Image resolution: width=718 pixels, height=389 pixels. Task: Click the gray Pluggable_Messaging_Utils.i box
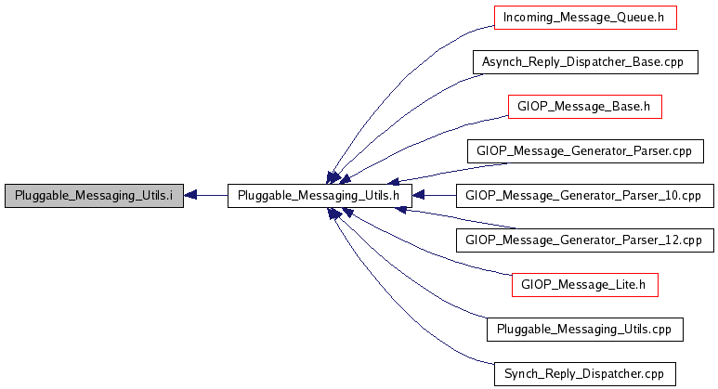click(94, 196)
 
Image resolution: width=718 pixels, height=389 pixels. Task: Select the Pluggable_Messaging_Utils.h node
click(320, 196)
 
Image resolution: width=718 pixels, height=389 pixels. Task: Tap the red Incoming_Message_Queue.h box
click(585, 18)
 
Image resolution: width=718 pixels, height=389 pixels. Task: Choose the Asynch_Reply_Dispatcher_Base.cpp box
click(585, 62)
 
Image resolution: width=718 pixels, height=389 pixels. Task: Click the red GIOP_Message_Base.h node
click(585, 107)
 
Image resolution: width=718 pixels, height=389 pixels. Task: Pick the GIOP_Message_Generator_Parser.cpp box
click(585, 151)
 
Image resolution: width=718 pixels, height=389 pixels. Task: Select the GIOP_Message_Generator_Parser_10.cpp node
click(585, 196)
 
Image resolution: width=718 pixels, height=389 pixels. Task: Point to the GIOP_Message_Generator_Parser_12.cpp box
click(585, 240)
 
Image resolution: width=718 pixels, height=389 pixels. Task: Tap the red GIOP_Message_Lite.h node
click(585, 285)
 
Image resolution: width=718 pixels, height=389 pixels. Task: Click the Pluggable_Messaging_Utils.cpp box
click(585, 330)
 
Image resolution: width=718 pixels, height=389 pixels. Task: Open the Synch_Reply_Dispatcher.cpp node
click(585, 374)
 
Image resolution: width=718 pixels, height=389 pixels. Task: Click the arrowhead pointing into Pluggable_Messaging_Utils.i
click(190, 195)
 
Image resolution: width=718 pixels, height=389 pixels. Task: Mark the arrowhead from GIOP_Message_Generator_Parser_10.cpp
click(419, 195)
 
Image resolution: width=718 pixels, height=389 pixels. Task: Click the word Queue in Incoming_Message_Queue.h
click(631, 18)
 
